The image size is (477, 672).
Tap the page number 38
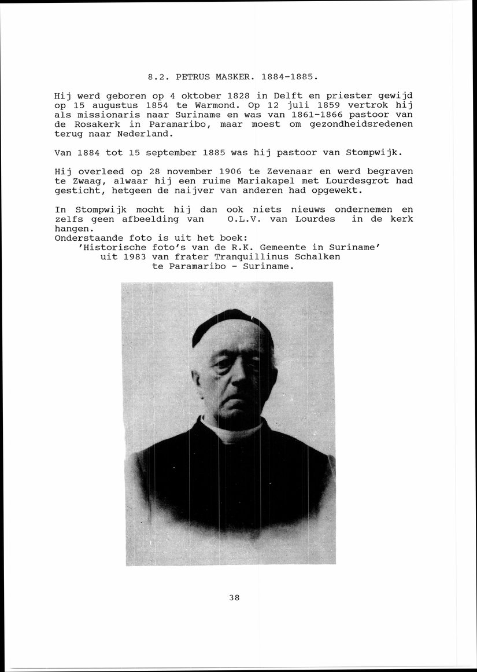(x=234, y=598)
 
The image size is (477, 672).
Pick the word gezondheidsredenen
(x=360, y=124)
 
